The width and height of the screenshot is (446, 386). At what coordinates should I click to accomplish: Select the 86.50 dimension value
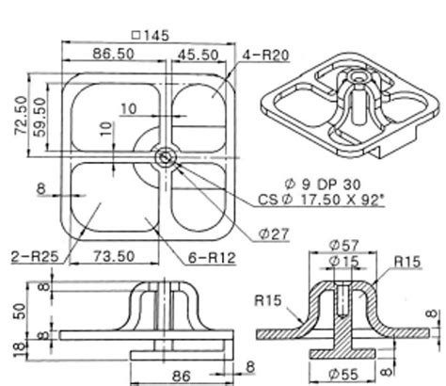pos(112,55)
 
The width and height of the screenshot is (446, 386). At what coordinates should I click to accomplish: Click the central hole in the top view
pos(166,156)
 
